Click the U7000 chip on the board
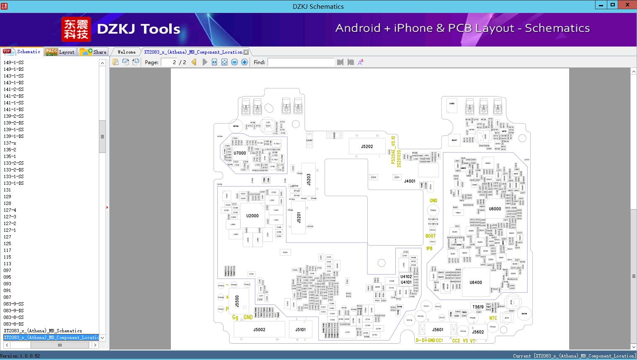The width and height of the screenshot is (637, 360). coord(240,153)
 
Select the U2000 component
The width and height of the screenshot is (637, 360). coord(252,216)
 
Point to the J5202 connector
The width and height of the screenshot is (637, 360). coord(367,146)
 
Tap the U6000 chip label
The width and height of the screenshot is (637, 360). coord(495,209)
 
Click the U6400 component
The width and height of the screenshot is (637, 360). coord(476,282)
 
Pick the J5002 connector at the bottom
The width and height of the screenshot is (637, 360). coord(259,330)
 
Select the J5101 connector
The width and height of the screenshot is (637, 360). coord(300,330)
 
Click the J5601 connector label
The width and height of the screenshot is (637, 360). coord(438,330)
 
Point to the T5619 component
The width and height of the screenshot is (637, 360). coord(478,307)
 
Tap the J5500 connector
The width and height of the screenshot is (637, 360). coord(237,301)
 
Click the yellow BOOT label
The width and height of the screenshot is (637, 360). coord(431,236)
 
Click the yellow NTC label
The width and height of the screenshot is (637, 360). coord(493,319)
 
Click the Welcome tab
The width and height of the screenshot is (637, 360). coord(126,52)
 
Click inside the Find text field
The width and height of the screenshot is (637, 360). coord(301,62)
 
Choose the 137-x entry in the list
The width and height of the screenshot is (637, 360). coord(10,143)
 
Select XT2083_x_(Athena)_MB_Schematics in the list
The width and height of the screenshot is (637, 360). coord(43,331)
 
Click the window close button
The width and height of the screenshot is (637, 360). coord(627,5)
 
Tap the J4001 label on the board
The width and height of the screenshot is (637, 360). coord(410,181)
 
